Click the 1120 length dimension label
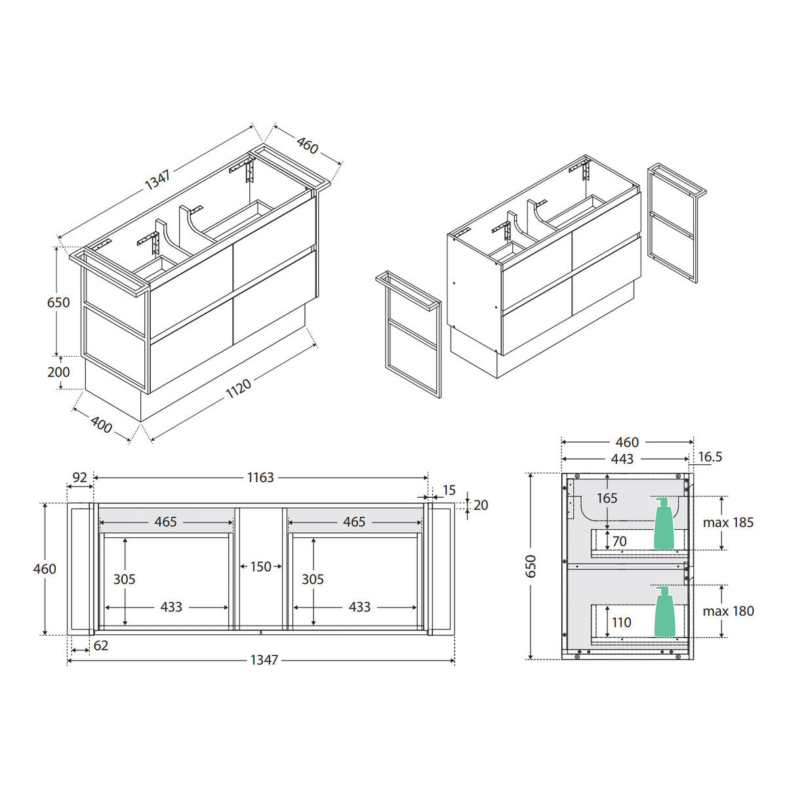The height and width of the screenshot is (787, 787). [x=239, y=388]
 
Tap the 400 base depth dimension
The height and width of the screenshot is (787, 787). [x=101, y=425]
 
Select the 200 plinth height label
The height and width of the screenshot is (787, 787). [x=58, y=372]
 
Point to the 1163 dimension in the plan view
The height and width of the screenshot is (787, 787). [x=260, y=477]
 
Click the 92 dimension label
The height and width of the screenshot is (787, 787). [x=80, y=477]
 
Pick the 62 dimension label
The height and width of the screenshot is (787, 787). [x=101, y=646]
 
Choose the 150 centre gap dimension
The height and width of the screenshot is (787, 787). [x=260, y=567]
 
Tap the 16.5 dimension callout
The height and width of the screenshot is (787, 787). [x=710, y=456]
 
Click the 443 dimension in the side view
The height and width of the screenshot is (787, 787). [x=622, y=459]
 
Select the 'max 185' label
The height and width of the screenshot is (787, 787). [x=728, y=522]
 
